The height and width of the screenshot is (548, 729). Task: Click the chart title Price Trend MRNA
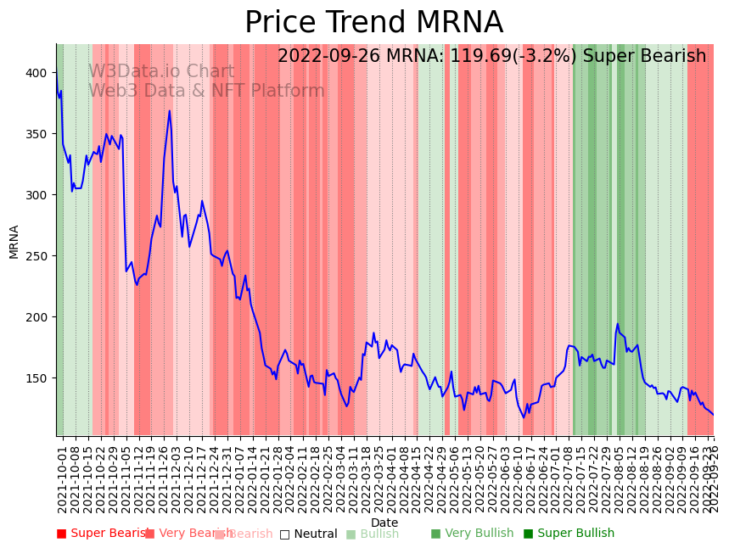373,23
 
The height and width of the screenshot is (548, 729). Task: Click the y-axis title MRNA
14,241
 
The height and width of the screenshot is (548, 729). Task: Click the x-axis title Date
384,523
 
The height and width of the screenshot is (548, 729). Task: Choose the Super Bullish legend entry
569,534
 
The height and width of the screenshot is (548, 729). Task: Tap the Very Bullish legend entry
472,534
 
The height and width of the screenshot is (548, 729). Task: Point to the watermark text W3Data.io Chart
161,72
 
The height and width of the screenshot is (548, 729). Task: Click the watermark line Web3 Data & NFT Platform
206,91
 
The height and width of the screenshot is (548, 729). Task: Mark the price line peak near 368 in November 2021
169,111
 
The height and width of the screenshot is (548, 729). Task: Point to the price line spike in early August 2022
618,324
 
